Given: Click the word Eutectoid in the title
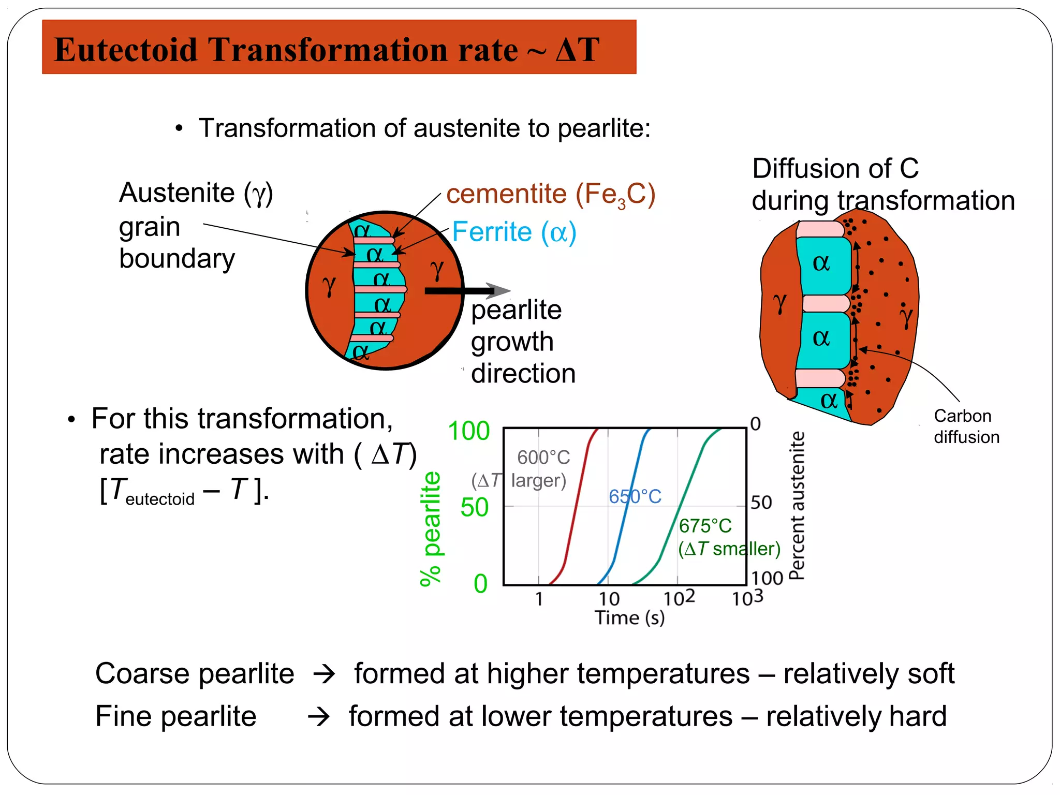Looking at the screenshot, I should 126,50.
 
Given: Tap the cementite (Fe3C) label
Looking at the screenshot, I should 551,195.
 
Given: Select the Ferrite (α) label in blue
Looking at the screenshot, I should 514,232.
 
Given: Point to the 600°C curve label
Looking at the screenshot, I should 543,458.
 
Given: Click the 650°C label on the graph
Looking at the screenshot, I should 635,497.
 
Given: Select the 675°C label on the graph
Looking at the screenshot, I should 705,526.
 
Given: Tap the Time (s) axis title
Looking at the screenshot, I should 629,618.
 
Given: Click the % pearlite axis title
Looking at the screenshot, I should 431,529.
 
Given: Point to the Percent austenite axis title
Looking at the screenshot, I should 798,506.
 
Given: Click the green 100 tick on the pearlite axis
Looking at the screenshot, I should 468,431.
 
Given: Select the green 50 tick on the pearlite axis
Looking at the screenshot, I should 474,508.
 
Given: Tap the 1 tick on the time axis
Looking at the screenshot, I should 539,599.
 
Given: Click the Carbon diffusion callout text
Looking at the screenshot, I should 966,426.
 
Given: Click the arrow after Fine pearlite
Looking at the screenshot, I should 319,717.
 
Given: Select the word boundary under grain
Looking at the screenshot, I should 177,258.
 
